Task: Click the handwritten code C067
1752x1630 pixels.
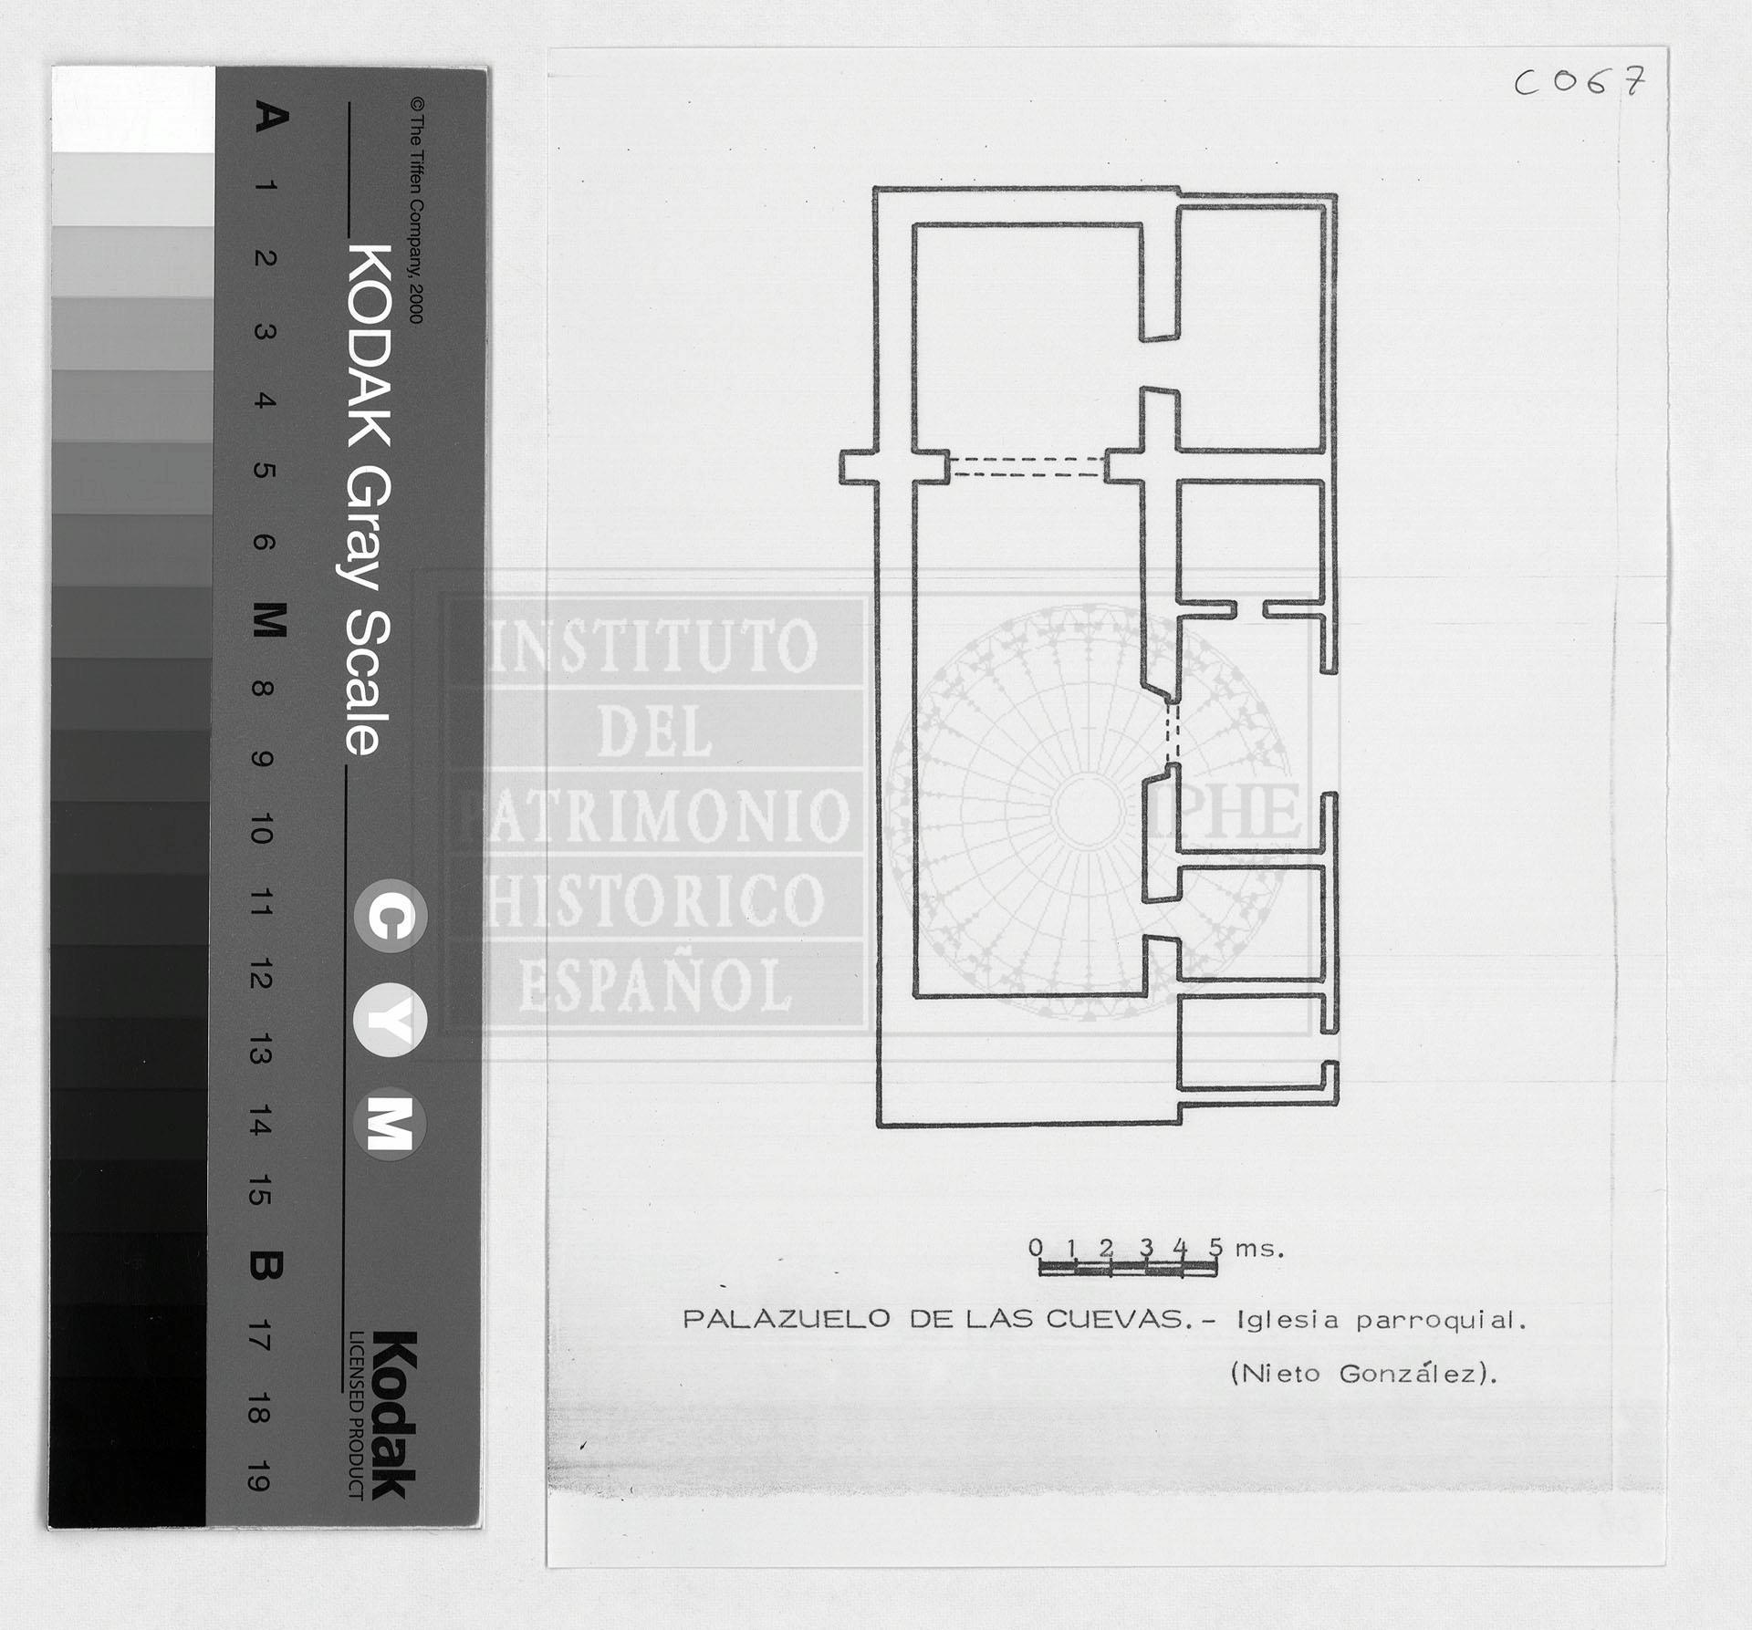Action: point(1580,82)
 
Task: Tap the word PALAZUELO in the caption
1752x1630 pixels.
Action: point(787,1319)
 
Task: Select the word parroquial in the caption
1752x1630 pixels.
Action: point(1441,1321)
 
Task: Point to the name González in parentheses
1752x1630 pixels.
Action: point(1416,1373)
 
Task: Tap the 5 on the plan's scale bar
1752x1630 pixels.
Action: point(1215,1247)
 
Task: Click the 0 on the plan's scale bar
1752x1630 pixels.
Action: point(1036,1247)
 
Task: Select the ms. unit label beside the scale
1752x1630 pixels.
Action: point(1260,1249)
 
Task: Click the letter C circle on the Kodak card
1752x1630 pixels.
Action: point(391,917)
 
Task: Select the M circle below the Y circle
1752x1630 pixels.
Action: point(390,1124)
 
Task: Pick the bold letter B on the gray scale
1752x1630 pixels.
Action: point(266,1265)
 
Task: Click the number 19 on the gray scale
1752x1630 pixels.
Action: point(258,1475)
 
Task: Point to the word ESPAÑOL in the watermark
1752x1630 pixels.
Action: point(656,985)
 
